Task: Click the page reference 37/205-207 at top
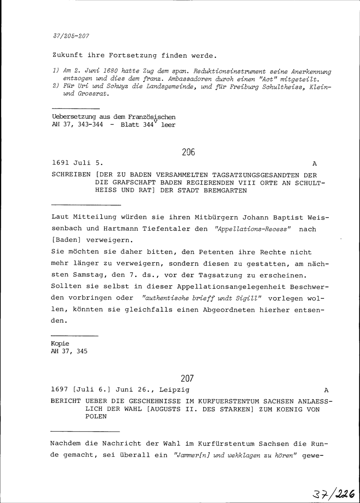point(71,36)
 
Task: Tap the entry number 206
point(188,152)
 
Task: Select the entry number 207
point(188,379)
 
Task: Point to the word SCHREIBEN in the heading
point(71,175)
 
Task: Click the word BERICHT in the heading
point(66,401)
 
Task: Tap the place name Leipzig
point(174,390)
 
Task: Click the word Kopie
point(60,343)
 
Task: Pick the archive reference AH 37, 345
point(70,351)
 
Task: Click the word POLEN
point(96,417)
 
